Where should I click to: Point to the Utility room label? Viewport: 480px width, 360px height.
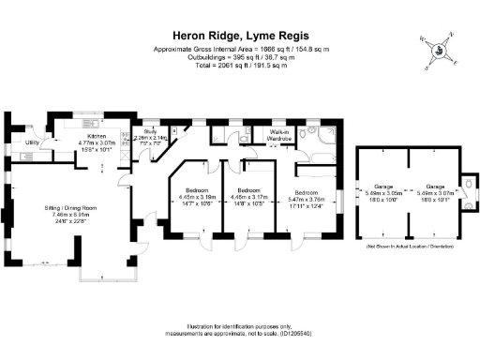tap(32, 142)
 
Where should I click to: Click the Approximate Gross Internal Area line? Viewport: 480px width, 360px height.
tap(239, 48)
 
